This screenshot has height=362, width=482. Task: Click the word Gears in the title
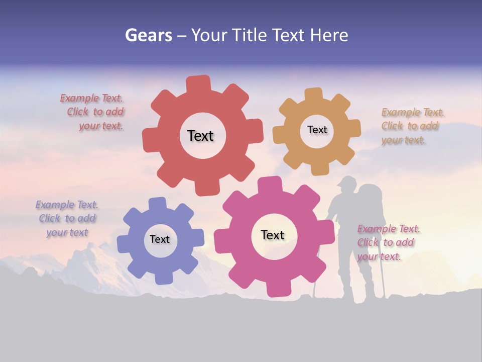click(148, 35)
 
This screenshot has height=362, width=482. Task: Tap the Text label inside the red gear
click(200, 136)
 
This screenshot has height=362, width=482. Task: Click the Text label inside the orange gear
click(317, 130)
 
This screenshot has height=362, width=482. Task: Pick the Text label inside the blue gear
click(160, 239)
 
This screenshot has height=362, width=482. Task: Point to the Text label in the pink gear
click(273, 235)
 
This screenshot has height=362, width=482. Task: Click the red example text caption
click(92, 112)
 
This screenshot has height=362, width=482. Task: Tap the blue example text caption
click(67, 219)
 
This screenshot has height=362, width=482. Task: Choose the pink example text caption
click(389, 242)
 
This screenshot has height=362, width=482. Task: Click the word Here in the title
click(329, 35)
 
